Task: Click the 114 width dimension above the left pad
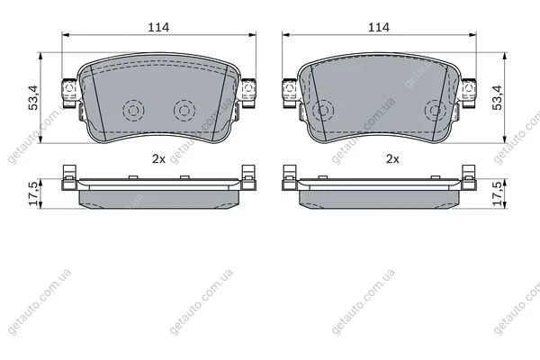coord(158,27)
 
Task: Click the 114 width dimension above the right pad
coord(379,27)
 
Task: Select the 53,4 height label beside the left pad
coord(34,98)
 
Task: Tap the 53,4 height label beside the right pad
coord(498,98)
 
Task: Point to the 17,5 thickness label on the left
coord(34,193)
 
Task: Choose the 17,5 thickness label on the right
coord(498,193)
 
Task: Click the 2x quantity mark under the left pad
coord(158,158)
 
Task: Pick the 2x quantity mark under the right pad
coord(392,158)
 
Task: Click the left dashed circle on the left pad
coord(133,111)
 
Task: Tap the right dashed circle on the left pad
coord(184,111)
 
